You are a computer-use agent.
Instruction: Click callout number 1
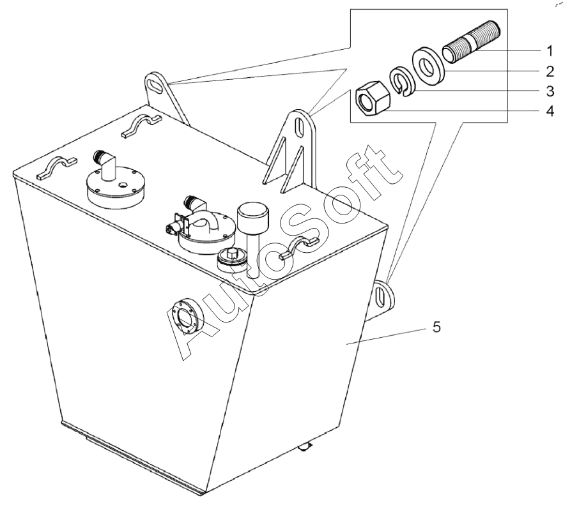[x=550, y=51]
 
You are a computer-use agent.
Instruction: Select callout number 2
[x=550, y=72]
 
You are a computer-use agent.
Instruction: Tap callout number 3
[x=550, y=91]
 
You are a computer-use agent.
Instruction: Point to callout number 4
[x=550, y=111]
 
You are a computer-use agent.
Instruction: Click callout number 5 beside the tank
[x=436, y=327]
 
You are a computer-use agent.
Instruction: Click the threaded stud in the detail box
[x=471, y=42]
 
